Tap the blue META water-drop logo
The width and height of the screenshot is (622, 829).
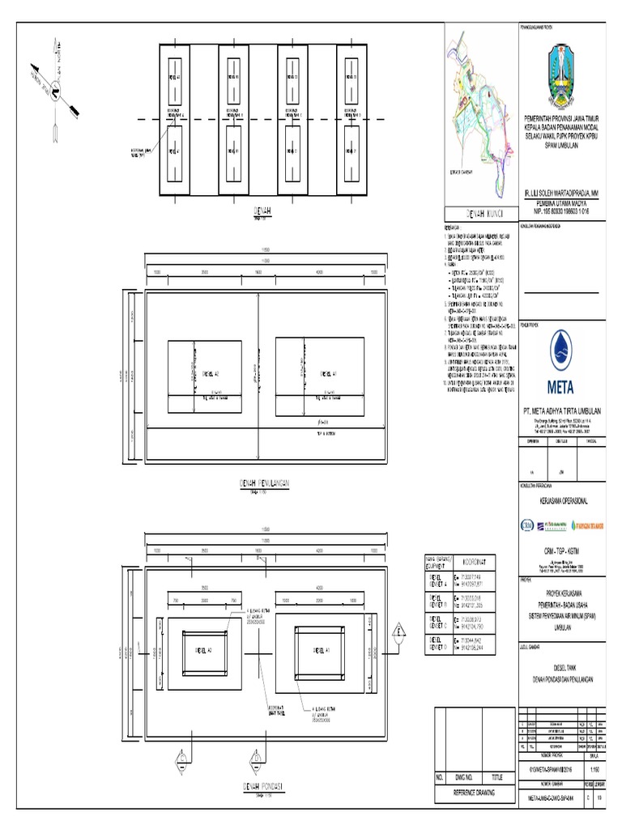(564, 360)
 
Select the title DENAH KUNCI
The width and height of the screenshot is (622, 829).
(478, 215)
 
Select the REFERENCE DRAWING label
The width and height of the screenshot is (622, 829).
(475, 796)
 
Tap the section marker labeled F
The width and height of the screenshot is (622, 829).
(398, 632)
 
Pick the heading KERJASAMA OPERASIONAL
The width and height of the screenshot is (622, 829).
(564, 502)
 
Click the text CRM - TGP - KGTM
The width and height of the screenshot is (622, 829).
(564, 551)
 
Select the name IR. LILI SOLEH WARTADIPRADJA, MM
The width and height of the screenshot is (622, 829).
(564, 194)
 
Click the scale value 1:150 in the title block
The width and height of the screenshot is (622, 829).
(594, 769)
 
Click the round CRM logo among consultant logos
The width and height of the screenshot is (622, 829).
(528, 523)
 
